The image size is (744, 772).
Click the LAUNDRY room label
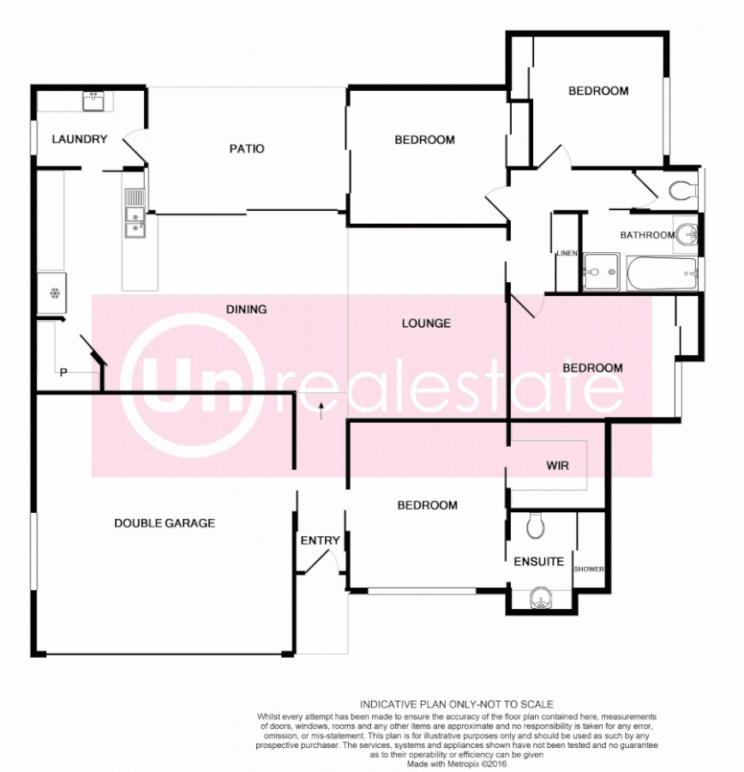tap(79, 139)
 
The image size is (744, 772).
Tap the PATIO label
tap(247, 148)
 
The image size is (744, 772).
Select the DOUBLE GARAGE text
tap(165, 522)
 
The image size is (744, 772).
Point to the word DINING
tap(247, 309)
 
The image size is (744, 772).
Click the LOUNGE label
tap(426, 323)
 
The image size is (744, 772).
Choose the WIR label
tap(557, 466)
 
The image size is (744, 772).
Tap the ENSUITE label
tap(539, 562)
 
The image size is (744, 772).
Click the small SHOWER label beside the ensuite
tap(589, 569)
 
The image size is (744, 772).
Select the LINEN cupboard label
tap(566, 253)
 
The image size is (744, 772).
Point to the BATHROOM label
tap(647, 234)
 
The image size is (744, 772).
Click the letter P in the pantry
tap(63, 372)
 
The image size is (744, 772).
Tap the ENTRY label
tap(320, 540)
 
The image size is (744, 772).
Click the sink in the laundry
tap(93, 101)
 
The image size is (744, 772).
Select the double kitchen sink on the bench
tap(135, 214)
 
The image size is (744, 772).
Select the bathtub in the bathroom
tap(661, 274)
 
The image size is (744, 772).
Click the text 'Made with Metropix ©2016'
tap(457, 763)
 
